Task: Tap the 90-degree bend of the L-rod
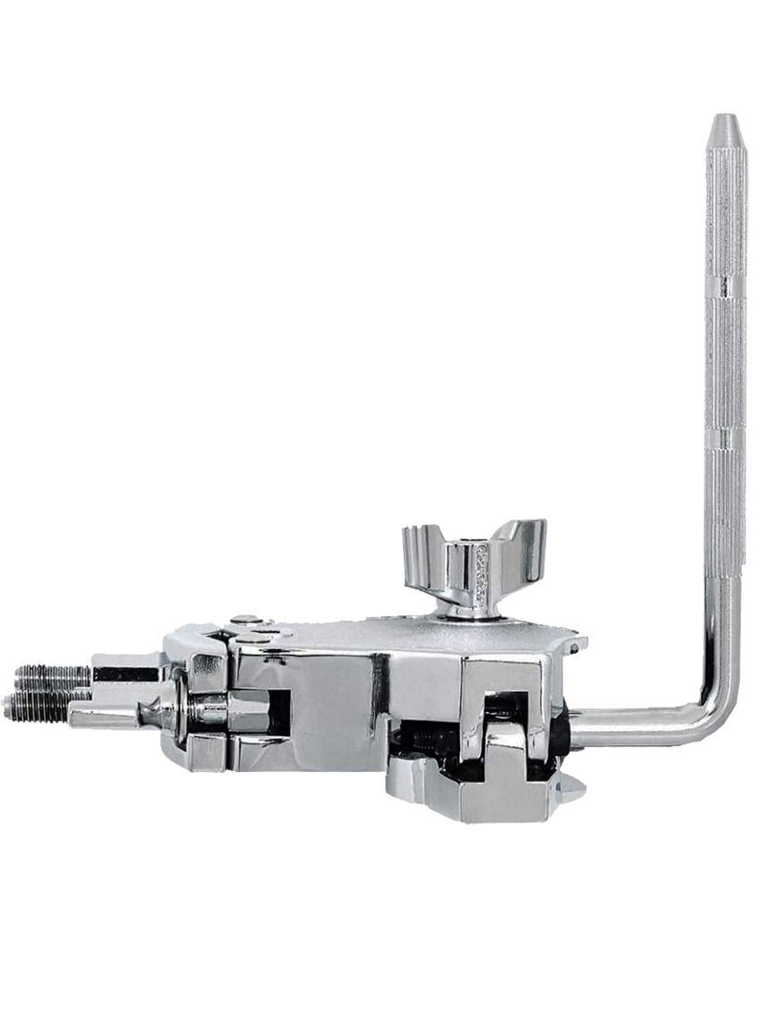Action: pyautogui.click(x=722, y=722)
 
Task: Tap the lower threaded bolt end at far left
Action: pyautogui.click(x=36, y=706)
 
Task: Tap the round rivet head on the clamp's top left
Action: pyautogui.click(x=248, y=621)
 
